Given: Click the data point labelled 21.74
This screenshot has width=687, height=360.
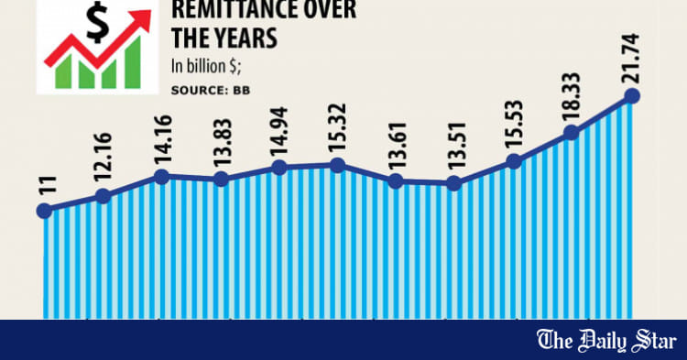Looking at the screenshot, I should coord(630,95).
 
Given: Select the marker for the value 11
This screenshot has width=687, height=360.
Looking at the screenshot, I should coord(43,212).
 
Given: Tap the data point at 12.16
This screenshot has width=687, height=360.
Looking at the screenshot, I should coord(103,195).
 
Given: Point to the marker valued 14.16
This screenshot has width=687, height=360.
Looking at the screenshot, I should coord(161,176).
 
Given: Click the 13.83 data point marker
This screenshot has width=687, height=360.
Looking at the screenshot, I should coord(221,180).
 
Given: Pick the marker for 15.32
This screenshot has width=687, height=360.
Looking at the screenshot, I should coord(338,165).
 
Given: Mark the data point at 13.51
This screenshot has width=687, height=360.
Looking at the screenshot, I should coord(454,183).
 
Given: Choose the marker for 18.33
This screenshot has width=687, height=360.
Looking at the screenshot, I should coord(572,133).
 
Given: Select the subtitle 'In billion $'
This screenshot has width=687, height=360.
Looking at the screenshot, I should coord(211,66).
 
